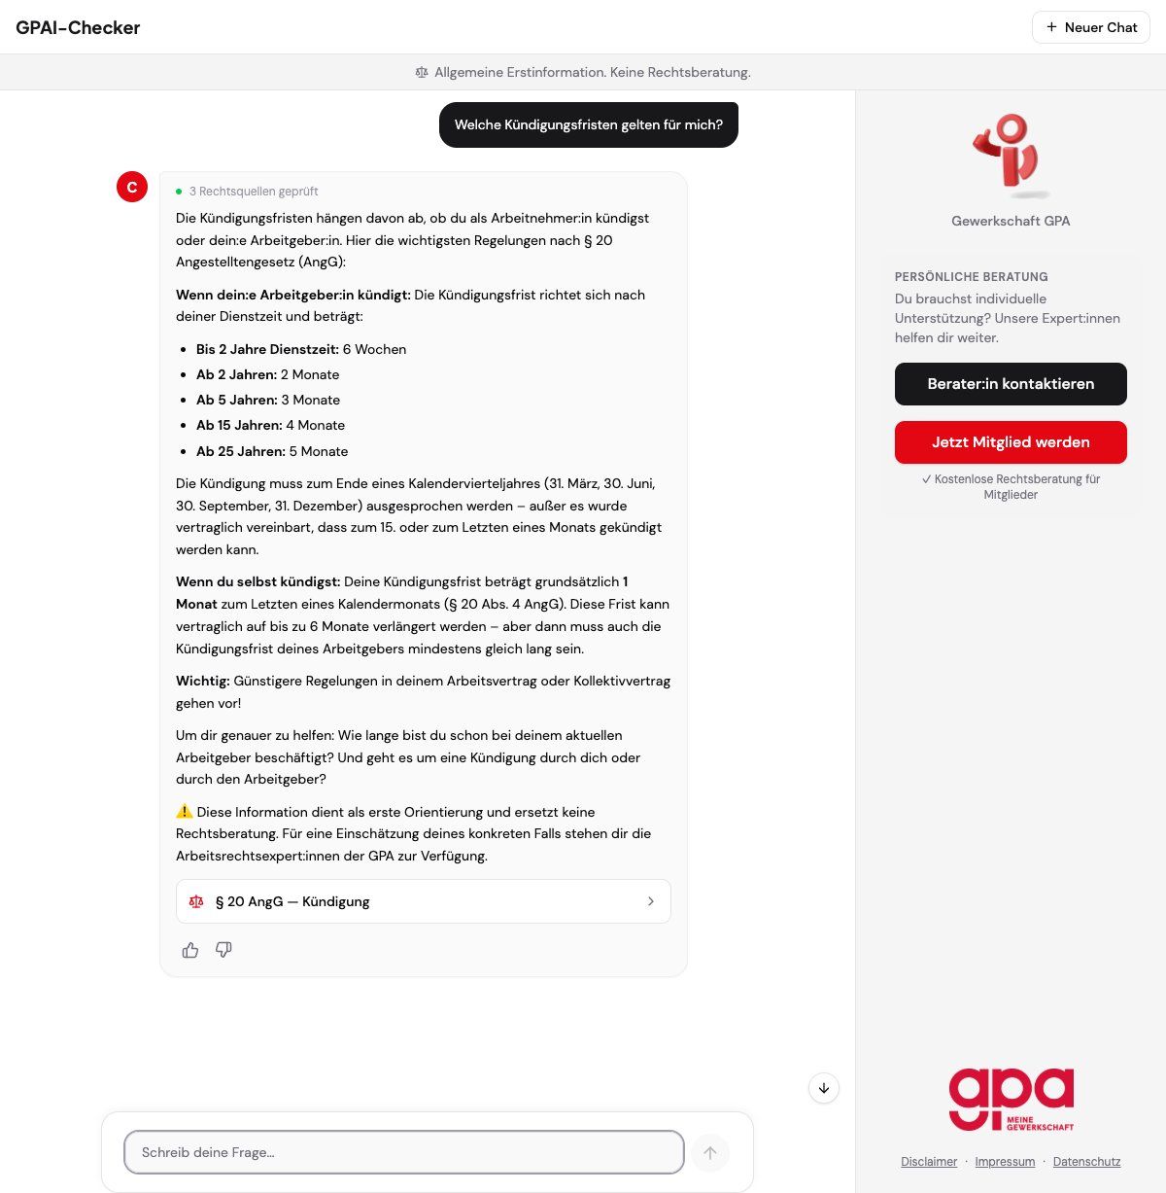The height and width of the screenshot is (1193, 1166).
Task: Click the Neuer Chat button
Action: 1090,27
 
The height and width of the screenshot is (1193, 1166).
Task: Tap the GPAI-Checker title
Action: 78,27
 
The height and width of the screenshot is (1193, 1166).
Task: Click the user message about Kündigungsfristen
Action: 588,124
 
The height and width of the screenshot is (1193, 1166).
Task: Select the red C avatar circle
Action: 132,187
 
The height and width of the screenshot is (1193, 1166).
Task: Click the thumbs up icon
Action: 190,950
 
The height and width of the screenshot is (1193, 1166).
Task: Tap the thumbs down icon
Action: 223,950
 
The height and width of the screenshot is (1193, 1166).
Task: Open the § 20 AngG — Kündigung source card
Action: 423,901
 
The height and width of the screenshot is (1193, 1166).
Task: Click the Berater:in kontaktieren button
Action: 1011,384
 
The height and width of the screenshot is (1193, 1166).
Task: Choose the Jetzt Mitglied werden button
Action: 1011,442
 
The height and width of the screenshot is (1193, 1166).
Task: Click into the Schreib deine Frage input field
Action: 403,1152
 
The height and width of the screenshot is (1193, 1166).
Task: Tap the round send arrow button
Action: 710,1152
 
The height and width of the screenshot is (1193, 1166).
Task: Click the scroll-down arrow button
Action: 824,1088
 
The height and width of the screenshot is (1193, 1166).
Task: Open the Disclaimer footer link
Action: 929,1162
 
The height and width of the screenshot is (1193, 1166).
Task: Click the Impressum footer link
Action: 1005,1162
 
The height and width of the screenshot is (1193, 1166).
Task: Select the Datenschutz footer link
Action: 1086,1162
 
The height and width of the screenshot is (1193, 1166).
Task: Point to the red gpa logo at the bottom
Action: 1011,1099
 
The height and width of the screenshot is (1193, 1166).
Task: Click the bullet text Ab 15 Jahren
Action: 239,425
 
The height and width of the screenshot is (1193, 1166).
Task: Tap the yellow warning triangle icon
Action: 185,811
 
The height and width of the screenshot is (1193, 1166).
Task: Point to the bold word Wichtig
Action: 202,681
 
